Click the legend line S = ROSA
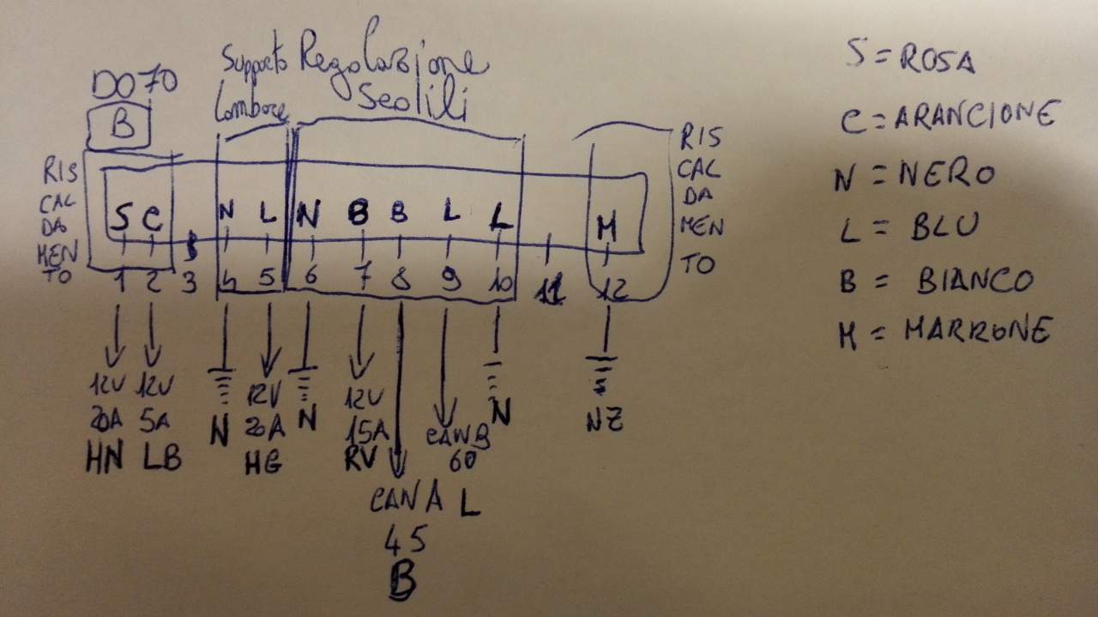tap(908, 58)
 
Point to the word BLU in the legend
tap(942, 227)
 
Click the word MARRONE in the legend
tap(976, 331)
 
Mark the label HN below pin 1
tap(106, 460)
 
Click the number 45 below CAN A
tap(405, 541)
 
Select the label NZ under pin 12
tap(604, 420)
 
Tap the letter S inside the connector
tap(121, 219)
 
